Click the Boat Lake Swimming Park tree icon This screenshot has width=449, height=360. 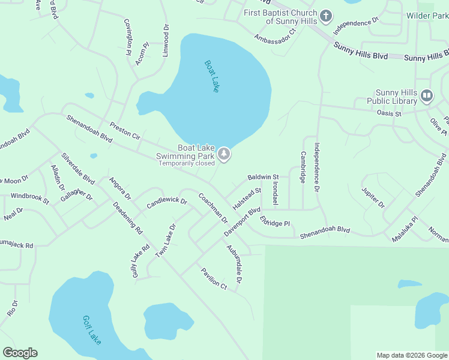click(224, 155)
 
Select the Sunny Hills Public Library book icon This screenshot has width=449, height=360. click(426, 96)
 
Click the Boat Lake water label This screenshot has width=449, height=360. click(212, 76)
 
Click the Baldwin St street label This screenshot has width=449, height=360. click(264, 178)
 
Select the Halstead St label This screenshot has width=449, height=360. click(247, 198)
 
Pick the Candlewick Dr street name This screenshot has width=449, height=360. click(167, 203)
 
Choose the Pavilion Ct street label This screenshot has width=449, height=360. click(214, 278)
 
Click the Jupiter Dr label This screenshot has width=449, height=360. click(373, 197)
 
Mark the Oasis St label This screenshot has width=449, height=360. click(388, 112)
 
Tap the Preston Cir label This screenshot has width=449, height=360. click(125, 131)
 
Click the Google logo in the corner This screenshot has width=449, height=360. click(20, 353)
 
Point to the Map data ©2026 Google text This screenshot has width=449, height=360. click(411, 355)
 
